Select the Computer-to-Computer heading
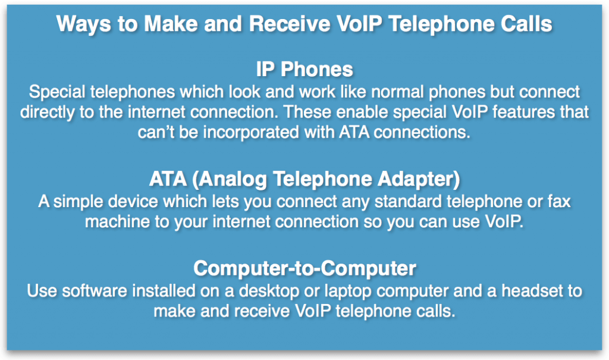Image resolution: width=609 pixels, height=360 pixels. (x=304, y=268)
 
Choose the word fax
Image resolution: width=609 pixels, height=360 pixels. (x=558, y=202)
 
